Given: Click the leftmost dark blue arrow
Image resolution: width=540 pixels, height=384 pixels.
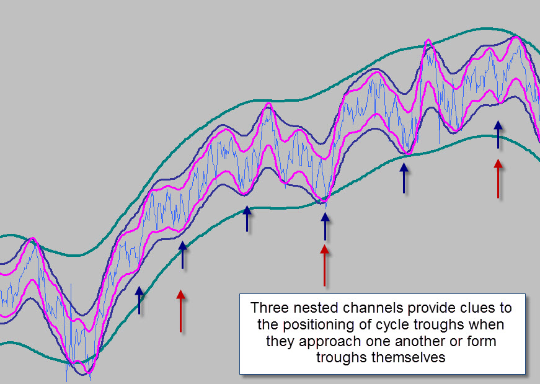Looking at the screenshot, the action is click(139, 300).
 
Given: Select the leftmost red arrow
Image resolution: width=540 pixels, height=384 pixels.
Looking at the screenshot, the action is click(181, 311).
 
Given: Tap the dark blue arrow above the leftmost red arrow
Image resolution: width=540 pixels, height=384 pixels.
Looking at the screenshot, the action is click(182, 255).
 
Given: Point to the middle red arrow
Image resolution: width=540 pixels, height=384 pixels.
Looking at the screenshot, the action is click(324, 266).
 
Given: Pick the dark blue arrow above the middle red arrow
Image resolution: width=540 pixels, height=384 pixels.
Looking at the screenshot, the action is click(325, 226).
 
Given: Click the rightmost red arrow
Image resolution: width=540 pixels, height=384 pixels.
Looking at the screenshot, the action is click(498, 179).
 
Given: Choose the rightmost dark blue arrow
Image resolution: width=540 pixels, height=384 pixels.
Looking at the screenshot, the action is click(498, 135).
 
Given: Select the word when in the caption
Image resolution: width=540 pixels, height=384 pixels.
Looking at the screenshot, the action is click(486, 324).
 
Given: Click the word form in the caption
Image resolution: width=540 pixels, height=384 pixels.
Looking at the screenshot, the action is click(482, 341).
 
